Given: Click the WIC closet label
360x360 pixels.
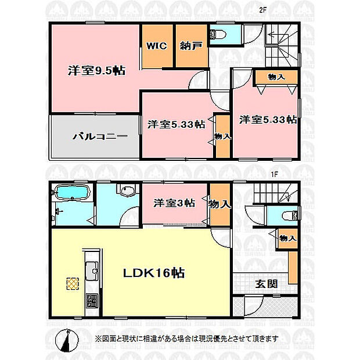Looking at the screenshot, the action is (x=157, y=46).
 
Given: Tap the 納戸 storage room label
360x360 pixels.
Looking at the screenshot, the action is (x=191, y=46).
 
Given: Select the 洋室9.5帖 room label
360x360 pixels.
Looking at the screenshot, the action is (x=96, y=70).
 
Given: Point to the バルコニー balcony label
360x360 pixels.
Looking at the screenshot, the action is (x=100, y=136).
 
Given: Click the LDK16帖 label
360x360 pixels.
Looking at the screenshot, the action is (x=154, y=273).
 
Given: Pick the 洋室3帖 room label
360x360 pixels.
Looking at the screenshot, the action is (x=174, y=203).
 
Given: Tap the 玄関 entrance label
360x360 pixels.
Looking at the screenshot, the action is (x=267, y=285).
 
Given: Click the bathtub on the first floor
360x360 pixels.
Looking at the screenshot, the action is (x=73, y=192).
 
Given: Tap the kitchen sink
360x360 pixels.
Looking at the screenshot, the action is (x=92, y=271).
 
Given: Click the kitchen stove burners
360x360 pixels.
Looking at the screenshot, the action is (x=92, y=301).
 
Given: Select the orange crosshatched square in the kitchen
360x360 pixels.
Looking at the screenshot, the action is (x=73, y=284).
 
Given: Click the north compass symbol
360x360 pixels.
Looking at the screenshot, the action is (x=67, y=340).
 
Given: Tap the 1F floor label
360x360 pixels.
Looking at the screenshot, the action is (x=275, y=174).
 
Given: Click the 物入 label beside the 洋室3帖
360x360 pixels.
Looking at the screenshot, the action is (x=219, y=204).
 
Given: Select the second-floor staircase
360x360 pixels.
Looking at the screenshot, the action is (x=282, y=45).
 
